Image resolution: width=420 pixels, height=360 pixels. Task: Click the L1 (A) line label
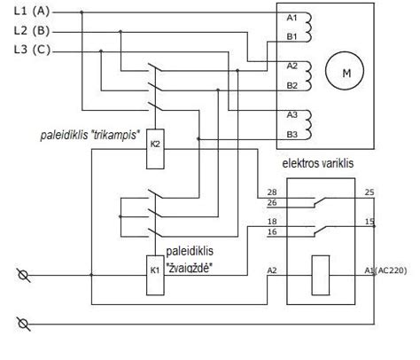34,12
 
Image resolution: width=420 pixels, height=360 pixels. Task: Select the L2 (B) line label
34,31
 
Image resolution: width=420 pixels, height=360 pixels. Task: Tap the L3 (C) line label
34,50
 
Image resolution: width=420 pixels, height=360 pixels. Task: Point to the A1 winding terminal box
292,18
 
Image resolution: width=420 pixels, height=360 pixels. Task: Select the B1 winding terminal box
292,36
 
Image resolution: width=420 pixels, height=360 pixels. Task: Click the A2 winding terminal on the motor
292,67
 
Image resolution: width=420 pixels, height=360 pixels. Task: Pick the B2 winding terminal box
292,85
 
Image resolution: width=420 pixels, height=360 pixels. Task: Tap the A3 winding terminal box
292,115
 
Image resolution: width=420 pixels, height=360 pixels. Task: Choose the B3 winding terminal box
292,134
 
